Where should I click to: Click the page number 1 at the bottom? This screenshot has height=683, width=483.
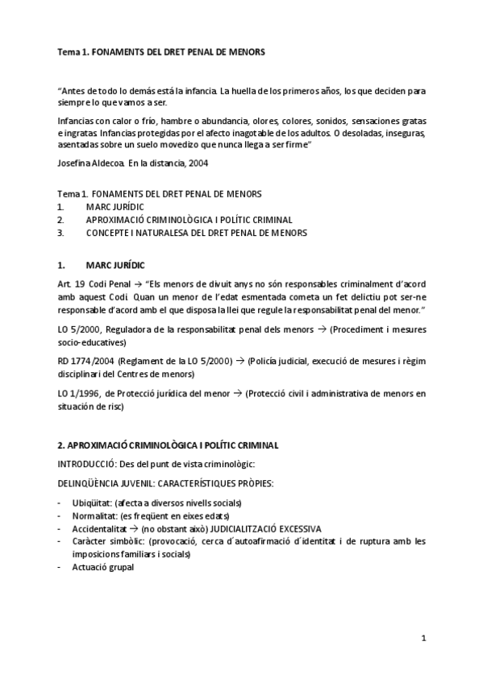pyautogui.click(x=423, y=638)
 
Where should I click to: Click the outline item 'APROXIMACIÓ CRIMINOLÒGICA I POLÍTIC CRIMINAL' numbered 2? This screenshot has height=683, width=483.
pyautogui.click(x=189, y=219)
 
